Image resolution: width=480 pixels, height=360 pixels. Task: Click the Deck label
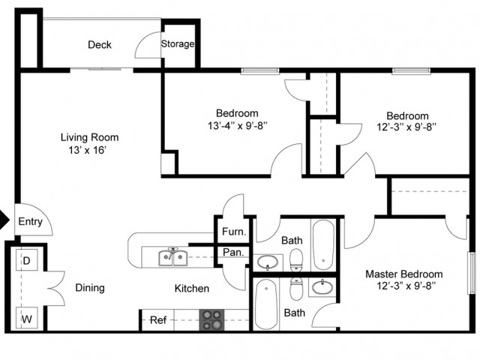pyautogui.click(x=100, y=45)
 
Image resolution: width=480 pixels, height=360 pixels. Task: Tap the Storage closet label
pyautogui.click(x=178, y=44)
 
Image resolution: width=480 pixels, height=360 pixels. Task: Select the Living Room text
pyautogui.click(x=89, y=137)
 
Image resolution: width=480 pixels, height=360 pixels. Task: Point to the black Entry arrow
pyautogui.click(x=4, y=221)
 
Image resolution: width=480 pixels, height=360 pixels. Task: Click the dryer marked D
pyautogui.click(x=25, y=262)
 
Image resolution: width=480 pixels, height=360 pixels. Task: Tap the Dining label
pyautogui.click(x=89, y=288)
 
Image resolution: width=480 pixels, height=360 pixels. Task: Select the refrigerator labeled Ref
pyautogui.click(x=157, y=320)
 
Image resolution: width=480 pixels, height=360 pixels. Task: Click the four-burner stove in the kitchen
pyautogui.click(x=211, y=320)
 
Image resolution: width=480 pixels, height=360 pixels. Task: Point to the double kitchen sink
pyautogui.click(x=172, y=259)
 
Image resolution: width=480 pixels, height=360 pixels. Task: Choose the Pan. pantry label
pyautogui.click(x=231, y=253)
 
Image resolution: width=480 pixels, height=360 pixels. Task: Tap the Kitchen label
pyautogui.click(x=192, y=288)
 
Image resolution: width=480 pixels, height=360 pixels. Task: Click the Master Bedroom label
pyautogui.click(x=403, y=274)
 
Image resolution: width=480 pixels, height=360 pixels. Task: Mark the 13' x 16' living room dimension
pyautogui.click(x=89, y=150)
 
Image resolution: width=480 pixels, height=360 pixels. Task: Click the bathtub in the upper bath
pyautogui.click(x=324, y=245)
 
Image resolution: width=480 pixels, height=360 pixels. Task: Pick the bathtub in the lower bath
pyautogui.click(x=266, y=306)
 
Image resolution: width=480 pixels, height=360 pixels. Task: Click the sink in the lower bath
pyautogui.click(x=322, y=287)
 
